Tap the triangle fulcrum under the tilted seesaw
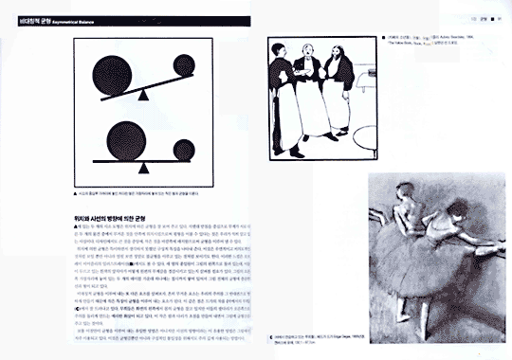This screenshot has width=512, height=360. pos(142,95)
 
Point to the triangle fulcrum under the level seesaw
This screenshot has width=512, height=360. pos(143,167)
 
